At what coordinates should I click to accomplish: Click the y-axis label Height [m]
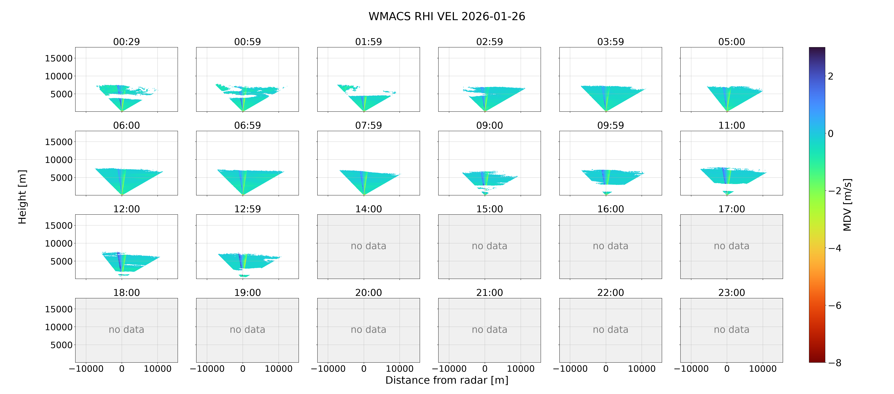click(x=22, y=197)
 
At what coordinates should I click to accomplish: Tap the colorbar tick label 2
click(x=831, y=76)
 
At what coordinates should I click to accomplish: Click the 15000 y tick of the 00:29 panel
click(x=59, y=58)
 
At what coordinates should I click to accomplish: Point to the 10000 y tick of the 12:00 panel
click(x=59, y=243)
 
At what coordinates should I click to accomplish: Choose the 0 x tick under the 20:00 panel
click(x=364, y=369)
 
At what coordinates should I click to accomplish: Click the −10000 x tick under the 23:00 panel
click(x=691, y=369)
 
